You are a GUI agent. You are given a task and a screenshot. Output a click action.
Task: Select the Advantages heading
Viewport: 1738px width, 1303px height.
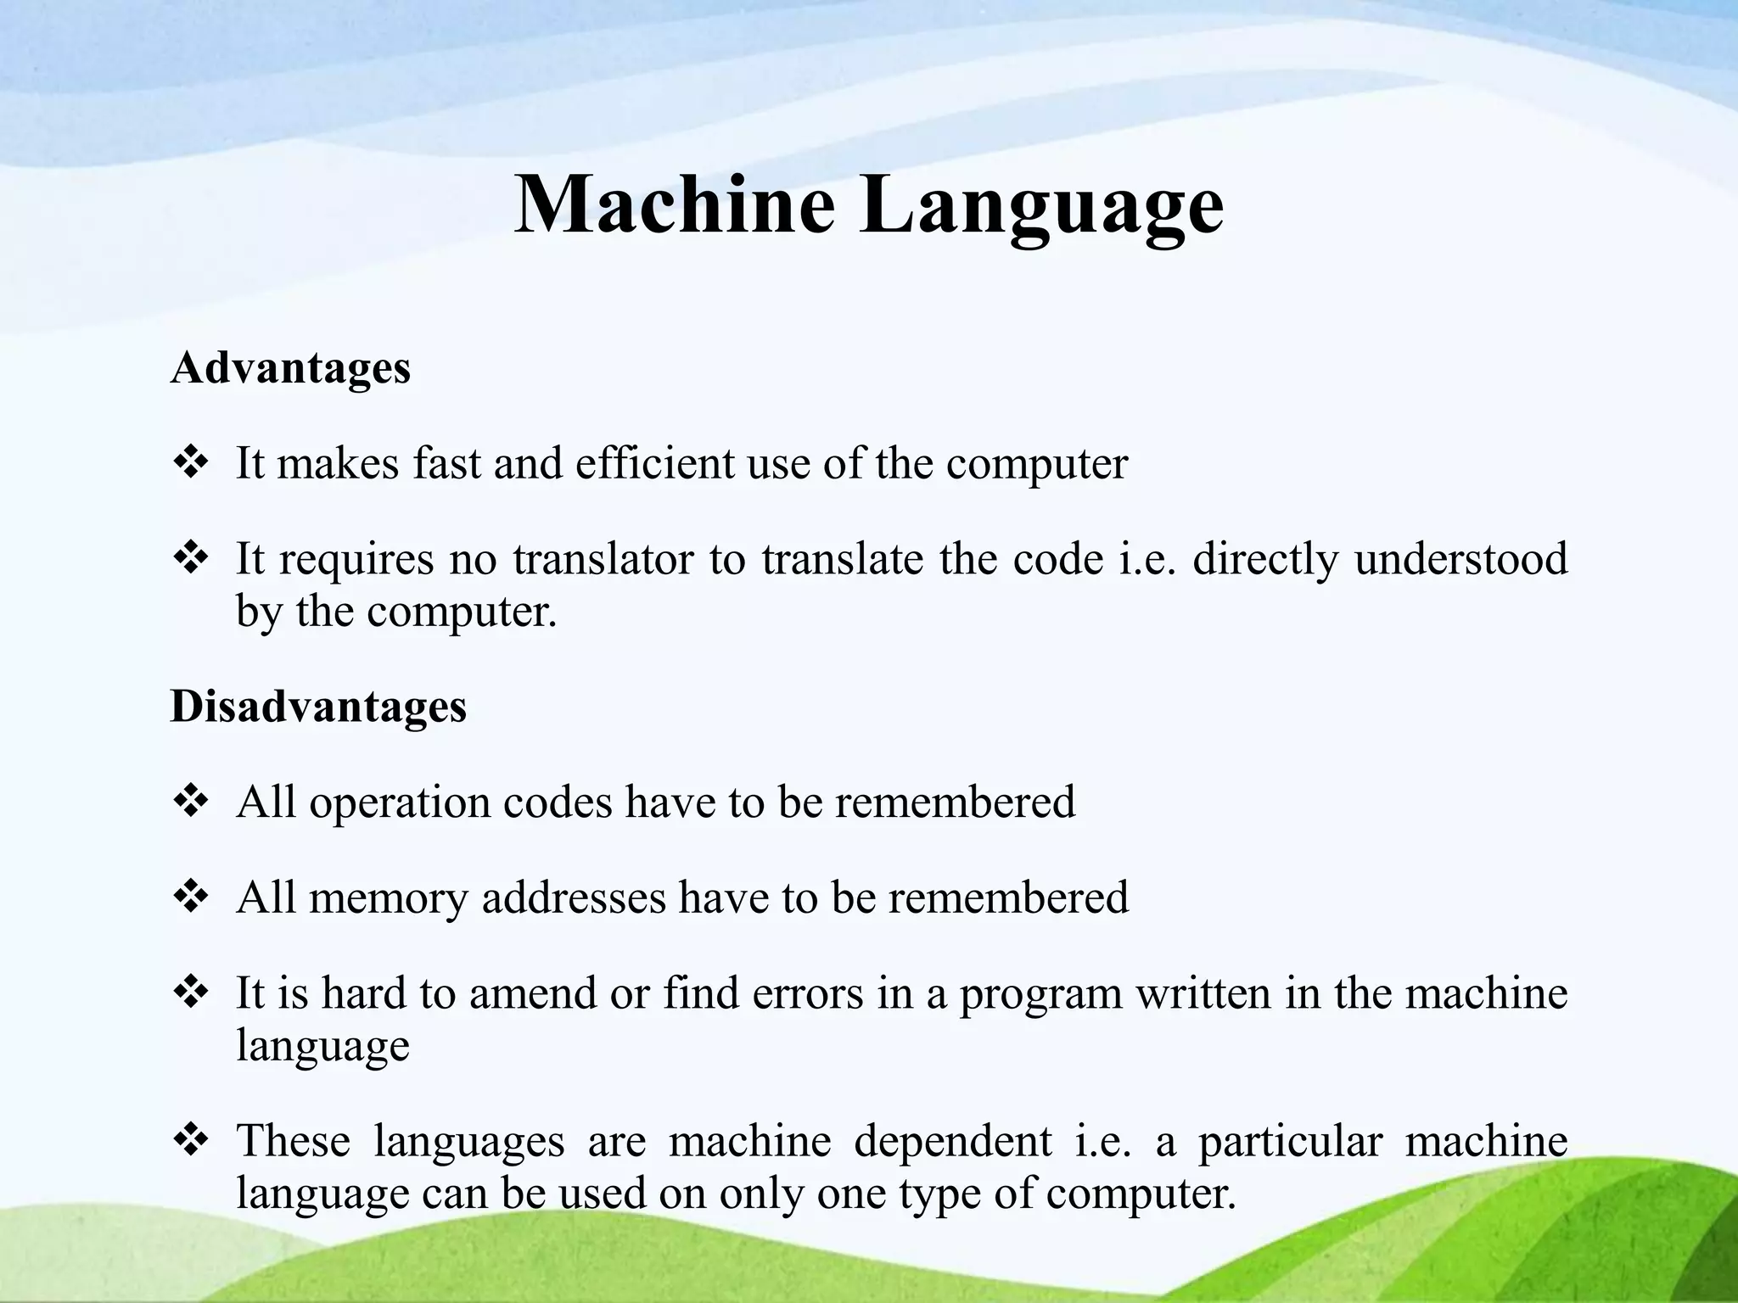[x=290, y=368]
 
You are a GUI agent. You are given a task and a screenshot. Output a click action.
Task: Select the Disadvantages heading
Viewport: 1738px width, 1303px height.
[x=318, y=706]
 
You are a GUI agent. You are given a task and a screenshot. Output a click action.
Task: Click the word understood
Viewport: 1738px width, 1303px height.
[x=1460, y=559]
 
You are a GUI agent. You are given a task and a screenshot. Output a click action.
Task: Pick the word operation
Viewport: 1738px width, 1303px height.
[x=400, y=802]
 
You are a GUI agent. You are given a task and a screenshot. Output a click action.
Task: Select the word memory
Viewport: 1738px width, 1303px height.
[x=389, y=898]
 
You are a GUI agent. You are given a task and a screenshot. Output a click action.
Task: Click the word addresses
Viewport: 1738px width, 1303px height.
[x=574, y=898]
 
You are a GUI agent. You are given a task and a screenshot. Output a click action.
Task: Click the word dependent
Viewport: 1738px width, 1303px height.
[x=952, y=1141]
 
